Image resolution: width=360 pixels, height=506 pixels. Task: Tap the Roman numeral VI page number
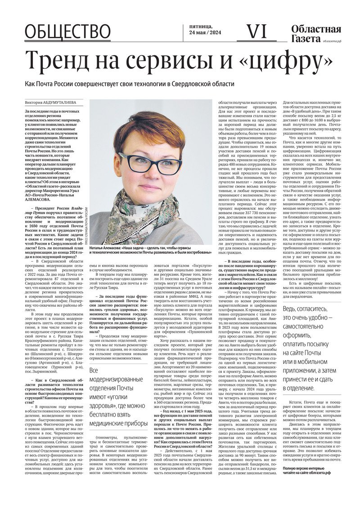point(257,31)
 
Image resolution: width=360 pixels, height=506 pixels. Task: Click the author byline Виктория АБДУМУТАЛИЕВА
point(51,103)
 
